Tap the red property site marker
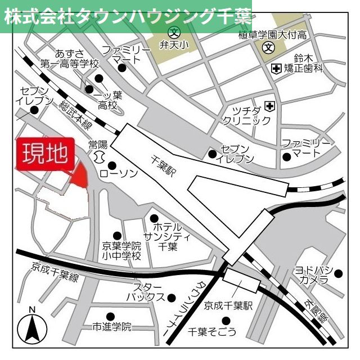click(79, 174)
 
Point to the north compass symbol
click(31, 327)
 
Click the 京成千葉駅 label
click(228, 306)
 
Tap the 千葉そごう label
click(213, 332)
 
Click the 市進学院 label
click(112, 326)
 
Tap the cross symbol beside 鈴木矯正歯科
click(276, 69)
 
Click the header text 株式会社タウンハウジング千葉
click(126, 16)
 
